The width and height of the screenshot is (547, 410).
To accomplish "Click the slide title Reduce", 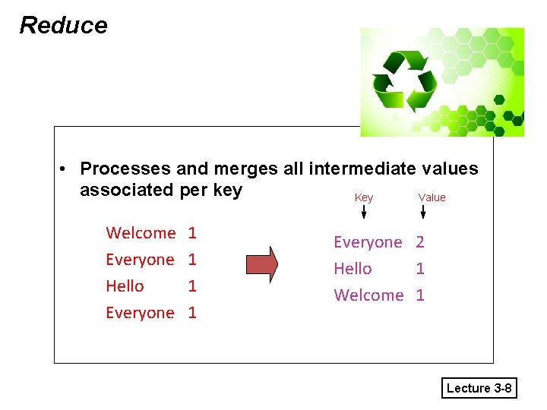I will [63, 25].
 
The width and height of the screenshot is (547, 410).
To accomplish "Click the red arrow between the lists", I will [261, 263].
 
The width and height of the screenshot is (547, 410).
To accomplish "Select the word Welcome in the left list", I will [141, 233].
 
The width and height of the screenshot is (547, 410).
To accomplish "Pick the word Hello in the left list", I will [125, 286].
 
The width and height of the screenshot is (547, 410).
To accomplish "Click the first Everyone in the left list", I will [140, 260].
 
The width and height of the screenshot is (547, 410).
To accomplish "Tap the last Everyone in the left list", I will [140, 313].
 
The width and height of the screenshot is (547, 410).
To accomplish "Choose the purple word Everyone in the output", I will [368, 242].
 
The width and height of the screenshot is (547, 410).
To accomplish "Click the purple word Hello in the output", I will [353, 269].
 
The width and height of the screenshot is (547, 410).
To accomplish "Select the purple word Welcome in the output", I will [368, 295].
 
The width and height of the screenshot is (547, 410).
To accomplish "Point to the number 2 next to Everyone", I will [420, 242].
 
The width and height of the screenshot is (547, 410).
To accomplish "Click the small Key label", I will [364, 197].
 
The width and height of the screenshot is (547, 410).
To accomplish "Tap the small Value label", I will [432, 197].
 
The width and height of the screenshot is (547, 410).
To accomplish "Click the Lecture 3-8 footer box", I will [479, 388].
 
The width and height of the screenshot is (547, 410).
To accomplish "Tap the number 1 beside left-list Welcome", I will [192, 233].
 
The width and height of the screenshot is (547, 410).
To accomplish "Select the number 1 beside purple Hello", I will [420, 269].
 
